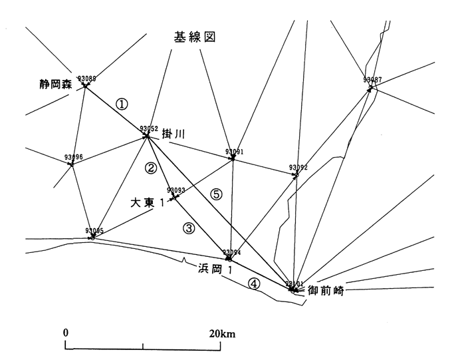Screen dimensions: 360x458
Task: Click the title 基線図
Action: [196, 38]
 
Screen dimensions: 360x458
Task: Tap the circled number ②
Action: [152, 168]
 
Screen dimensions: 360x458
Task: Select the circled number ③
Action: [189, 229]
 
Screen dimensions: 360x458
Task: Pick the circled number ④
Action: [254, 283]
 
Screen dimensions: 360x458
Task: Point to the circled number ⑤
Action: [215, 194]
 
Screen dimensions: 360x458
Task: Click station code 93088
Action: [86, 79]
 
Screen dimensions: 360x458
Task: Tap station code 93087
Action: [372, 80]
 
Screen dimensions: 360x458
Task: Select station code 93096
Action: [74, 157]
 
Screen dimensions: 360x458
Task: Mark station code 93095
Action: [95, 231]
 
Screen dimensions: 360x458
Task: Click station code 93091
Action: [235, 152]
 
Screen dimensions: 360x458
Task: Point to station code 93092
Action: [298, 168]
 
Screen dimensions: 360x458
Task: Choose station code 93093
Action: [176, 190]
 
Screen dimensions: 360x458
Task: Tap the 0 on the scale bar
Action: [66, 333]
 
